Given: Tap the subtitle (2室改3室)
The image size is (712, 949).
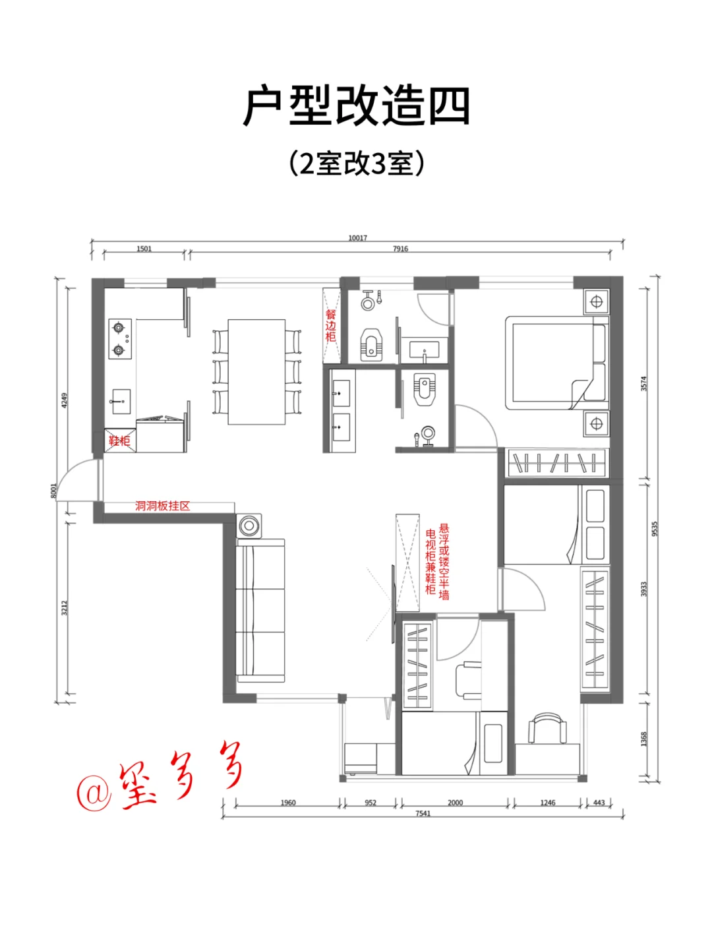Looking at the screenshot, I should coord(356,164).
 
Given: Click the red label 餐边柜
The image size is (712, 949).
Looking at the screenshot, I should coord(331,326).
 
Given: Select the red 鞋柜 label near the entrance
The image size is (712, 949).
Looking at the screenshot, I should coord(119,441).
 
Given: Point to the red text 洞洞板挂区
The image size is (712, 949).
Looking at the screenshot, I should coord(162,506).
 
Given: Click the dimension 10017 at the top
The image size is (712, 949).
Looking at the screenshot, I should coord(357,238).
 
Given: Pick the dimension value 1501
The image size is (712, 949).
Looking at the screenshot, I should coord(144,249).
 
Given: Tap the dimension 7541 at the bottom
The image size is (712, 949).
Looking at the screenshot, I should coord(423,813).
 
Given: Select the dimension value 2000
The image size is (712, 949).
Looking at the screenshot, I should coord(455,803).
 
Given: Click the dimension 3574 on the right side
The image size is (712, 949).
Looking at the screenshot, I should coord(644,383).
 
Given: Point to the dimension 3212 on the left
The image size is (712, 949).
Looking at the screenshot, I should coord(65,607).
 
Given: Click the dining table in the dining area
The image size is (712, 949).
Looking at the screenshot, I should coord(257,372).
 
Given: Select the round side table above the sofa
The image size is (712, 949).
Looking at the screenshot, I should coord(249,526).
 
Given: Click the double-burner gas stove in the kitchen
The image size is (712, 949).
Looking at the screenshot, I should coord(119,339).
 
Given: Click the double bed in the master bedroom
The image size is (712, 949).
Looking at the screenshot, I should coord(555,363).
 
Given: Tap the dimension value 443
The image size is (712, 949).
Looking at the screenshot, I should coord(599,803).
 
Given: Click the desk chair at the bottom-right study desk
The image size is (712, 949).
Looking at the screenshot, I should coord(547,731).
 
